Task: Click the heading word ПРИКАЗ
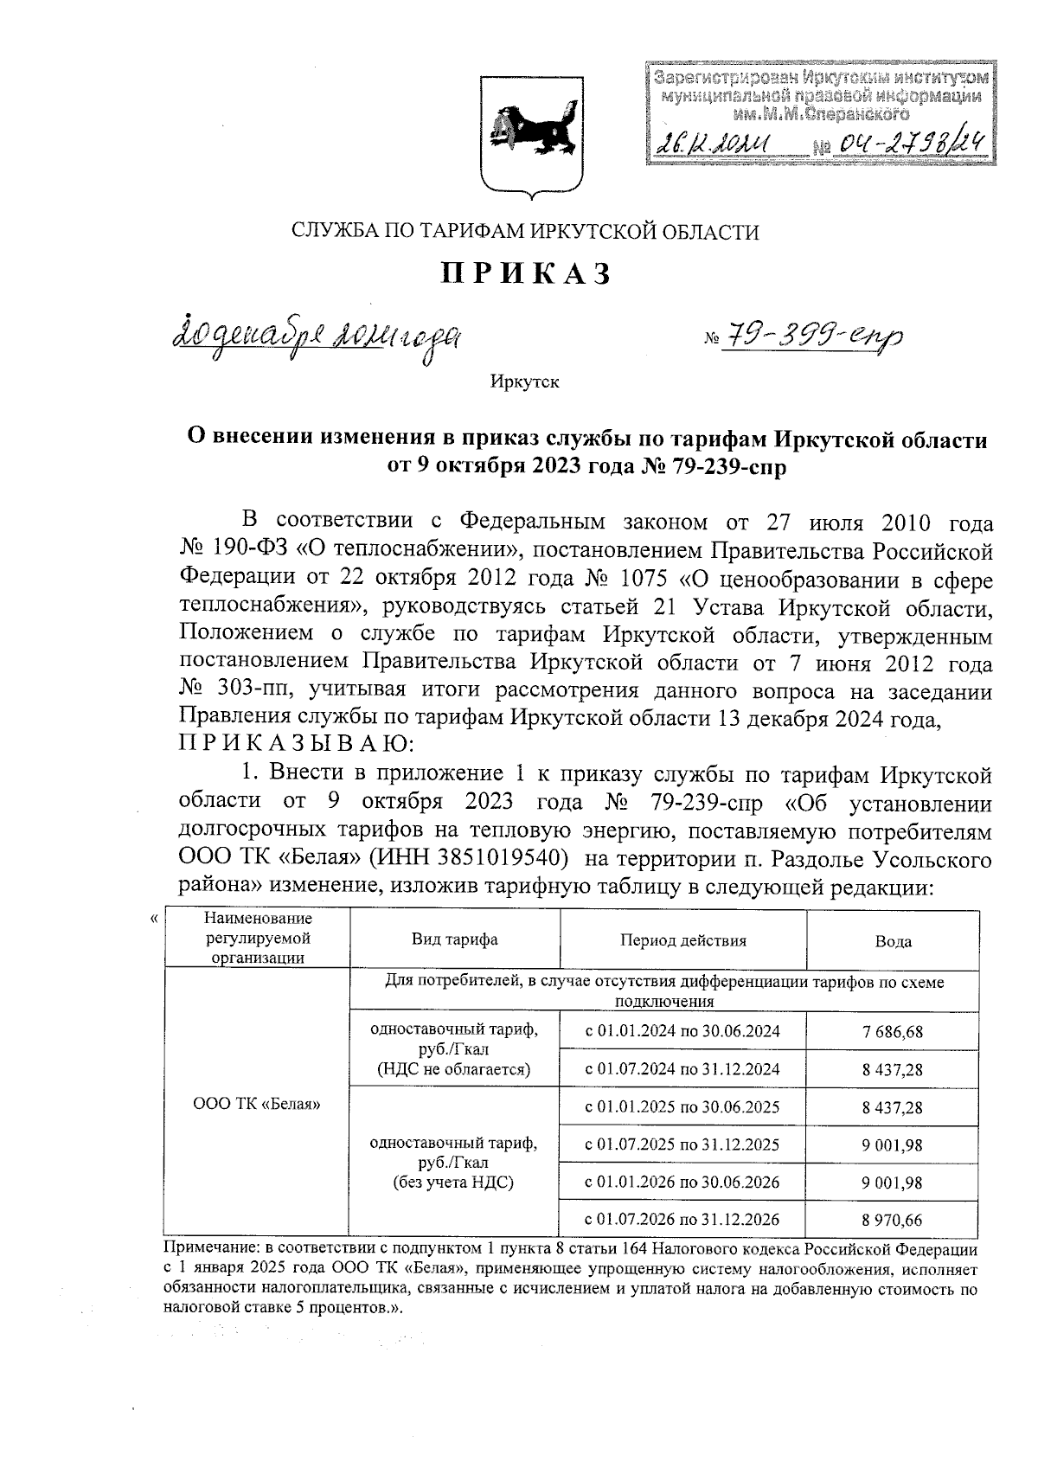coord(526,273)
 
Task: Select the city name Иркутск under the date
coord(524,381)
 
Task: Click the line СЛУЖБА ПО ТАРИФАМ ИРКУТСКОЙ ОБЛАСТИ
coord(525,231)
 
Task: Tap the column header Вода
coord(893,941)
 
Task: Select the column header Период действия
coord(682,940)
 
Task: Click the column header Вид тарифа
coord(454,940)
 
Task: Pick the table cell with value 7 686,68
coord(893,1031)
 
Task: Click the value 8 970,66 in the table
coord(893,1220)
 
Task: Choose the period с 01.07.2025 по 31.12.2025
coord(682,1144)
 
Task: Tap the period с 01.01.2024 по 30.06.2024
coord(682,1031)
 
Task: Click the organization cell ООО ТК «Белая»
coord(256,1104)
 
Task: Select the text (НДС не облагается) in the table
coord(453,1069)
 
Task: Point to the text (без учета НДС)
coord(453,1183)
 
